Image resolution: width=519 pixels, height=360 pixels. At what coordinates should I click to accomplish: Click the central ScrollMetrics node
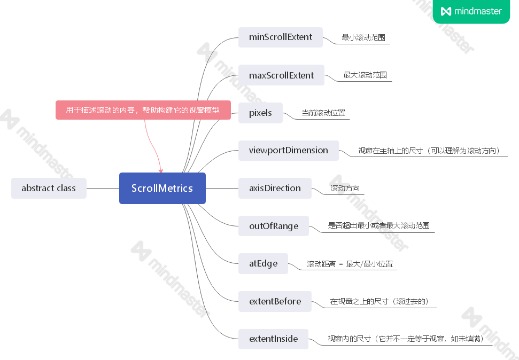pyautogui.click(x=162, y=188)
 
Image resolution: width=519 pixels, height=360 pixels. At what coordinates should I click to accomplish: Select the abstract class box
pyautogui.click(x=49, y=188)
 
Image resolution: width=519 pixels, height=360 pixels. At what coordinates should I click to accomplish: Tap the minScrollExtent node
pyautogui.click(x=281, y=37)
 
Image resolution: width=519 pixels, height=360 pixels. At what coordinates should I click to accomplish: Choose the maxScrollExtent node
pyautogui.click(x=281, y=75)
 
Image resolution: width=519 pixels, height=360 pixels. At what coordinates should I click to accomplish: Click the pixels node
pyautogui.click(x=260, y=113)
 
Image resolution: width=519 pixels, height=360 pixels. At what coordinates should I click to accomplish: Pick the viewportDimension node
pyautogui.click(x=289, y=150)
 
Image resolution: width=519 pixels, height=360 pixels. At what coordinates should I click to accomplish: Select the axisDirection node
pyautogui.click(x=275, y=188)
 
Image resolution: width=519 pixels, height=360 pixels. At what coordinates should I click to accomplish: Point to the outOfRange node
pyautogui.click(x=274, y=226)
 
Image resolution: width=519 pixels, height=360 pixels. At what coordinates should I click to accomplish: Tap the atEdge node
pyautogui.click(x=263, y=263)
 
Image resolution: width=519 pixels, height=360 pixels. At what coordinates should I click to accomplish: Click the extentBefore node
pyautogui.click(x=275, y=301)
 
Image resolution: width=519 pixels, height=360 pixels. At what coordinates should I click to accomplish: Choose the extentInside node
pyautogui.click(x=273, y=339)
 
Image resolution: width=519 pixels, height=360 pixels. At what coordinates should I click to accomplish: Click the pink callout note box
pyautogui.click(x=143, y=110)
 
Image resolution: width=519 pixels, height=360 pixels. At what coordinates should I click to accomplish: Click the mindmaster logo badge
pyautogui.click(x=471, y=11)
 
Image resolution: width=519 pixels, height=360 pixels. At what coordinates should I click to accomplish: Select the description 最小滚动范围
pyautogui.click(x=363, y=38)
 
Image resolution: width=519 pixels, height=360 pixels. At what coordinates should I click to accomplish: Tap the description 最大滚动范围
pyautogui.click(x=365, y=75)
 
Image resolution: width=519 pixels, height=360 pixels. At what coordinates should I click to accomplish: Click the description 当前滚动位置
pyautogui.click(x=323, y=113)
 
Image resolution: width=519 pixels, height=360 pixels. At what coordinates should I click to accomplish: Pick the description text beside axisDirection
pyautogui.click(x=345, y=189)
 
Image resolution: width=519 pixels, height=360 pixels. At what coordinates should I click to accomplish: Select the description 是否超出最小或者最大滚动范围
pyautogui.click(x=378, y=226)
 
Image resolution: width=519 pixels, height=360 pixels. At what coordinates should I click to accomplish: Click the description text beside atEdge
pyautogui.click(x=350, y=264)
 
